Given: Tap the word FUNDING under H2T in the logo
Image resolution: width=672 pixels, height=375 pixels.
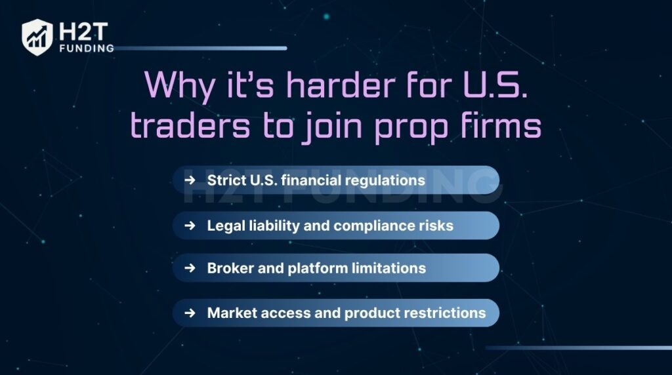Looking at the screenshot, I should (x=86, y=48).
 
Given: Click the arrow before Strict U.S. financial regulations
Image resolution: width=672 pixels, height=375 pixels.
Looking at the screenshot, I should (x=190, y=180).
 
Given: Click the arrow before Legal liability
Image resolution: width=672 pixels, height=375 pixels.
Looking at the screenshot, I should (x=190, y=226).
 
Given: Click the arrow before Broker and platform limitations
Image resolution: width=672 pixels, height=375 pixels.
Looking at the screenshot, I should (x=190, y=268).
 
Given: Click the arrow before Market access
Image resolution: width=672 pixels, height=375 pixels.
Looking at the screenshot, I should (x=190, y=313).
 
